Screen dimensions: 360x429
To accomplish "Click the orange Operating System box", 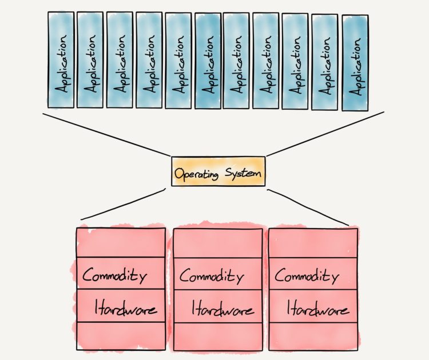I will pyautogui.click(x=218, y=171).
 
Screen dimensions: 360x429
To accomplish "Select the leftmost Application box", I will pyautogui.click(x=61, y=59).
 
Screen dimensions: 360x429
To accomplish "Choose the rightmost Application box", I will pyautogui.click(x=355, y=63).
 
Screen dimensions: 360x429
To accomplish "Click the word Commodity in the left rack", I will pyautogui.click(x=114, y=276).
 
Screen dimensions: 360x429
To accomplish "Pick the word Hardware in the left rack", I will pyautogui.click(x=126, y=309).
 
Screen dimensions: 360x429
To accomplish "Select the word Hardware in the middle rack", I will pyautogui.click(x=222, y=309).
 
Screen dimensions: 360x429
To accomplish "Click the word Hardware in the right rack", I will pyautogui.click(x=317, y=309).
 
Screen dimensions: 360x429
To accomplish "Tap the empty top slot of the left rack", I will pyautogui.click(x=120, y=243).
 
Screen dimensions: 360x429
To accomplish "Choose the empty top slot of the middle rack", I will pyautogui.click(x=218, y=243).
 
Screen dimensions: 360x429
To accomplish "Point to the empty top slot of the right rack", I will pyautogui.click(x=313, y=243).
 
